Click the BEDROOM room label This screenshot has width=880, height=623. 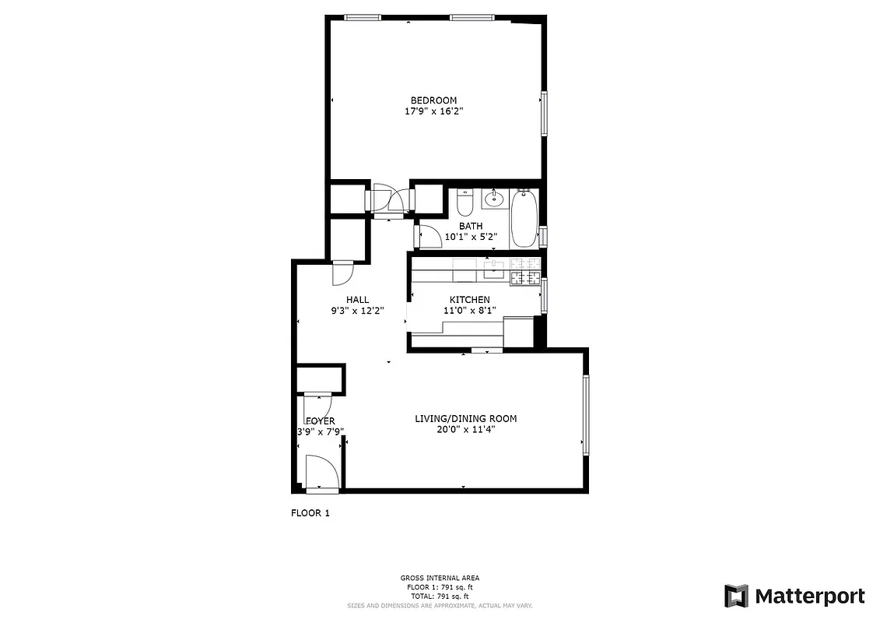433,100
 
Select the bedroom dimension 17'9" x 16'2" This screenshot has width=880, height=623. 433,112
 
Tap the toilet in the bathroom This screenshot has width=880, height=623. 465,203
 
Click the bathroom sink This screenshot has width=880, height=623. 493,199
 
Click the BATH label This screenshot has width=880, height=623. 470,227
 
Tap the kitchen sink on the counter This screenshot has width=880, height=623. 493,271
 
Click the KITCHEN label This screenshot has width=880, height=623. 469,300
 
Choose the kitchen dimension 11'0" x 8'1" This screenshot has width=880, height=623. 469,310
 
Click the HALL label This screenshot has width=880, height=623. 357,300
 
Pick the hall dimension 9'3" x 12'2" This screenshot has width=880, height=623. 357,310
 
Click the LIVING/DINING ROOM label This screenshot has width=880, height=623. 465,419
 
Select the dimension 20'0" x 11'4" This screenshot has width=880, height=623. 465,429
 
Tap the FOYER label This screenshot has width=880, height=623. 320,421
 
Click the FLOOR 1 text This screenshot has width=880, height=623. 310,513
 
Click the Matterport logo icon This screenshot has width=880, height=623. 736,596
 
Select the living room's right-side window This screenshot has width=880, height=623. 587,414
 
